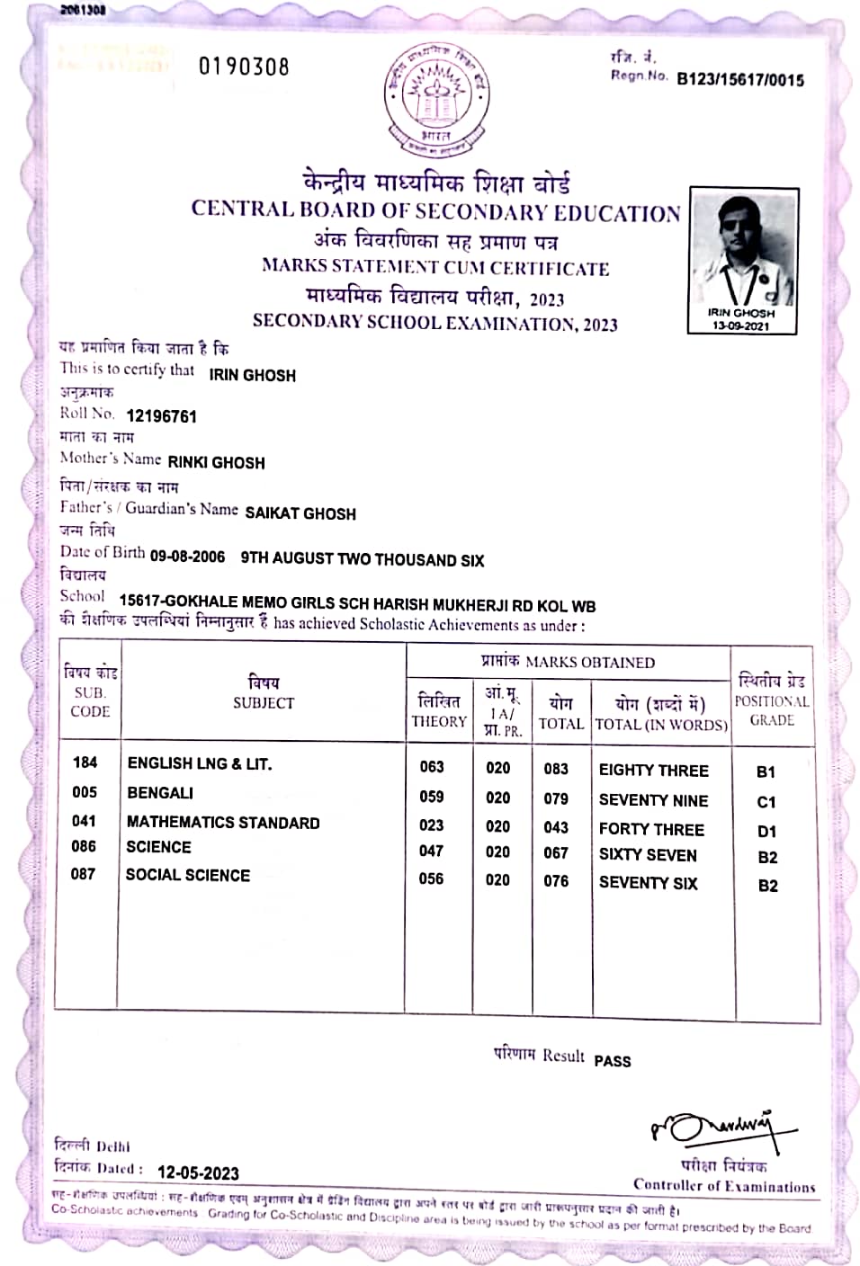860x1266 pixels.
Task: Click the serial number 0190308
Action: [244, 67]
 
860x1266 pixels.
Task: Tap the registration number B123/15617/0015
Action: [739, 80]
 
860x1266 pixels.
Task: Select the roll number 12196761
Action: [161, 416]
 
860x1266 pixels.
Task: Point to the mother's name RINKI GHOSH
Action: [216, 463]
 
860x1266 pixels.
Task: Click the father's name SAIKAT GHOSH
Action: [300, 513]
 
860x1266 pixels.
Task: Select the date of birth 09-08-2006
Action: [187, 557]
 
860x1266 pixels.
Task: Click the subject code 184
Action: [85, 762]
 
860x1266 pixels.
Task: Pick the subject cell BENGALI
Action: [160, 793]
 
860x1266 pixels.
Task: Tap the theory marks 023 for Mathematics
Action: [432, 825]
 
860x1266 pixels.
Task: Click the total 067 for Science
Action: [556, 853]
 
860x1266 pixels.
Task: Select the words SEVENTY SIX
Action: [648, 883]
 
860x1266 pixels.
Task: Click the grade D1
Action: [766, 832]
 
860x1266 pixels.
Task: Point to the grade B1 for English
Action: [766, 772]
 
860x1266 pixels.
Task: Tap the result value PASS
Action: [613, 1061]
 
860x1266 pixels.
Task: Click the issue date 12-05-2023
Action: [198, 1172]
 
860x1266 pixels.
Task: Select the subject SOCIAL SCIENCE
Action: [188, 875]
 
